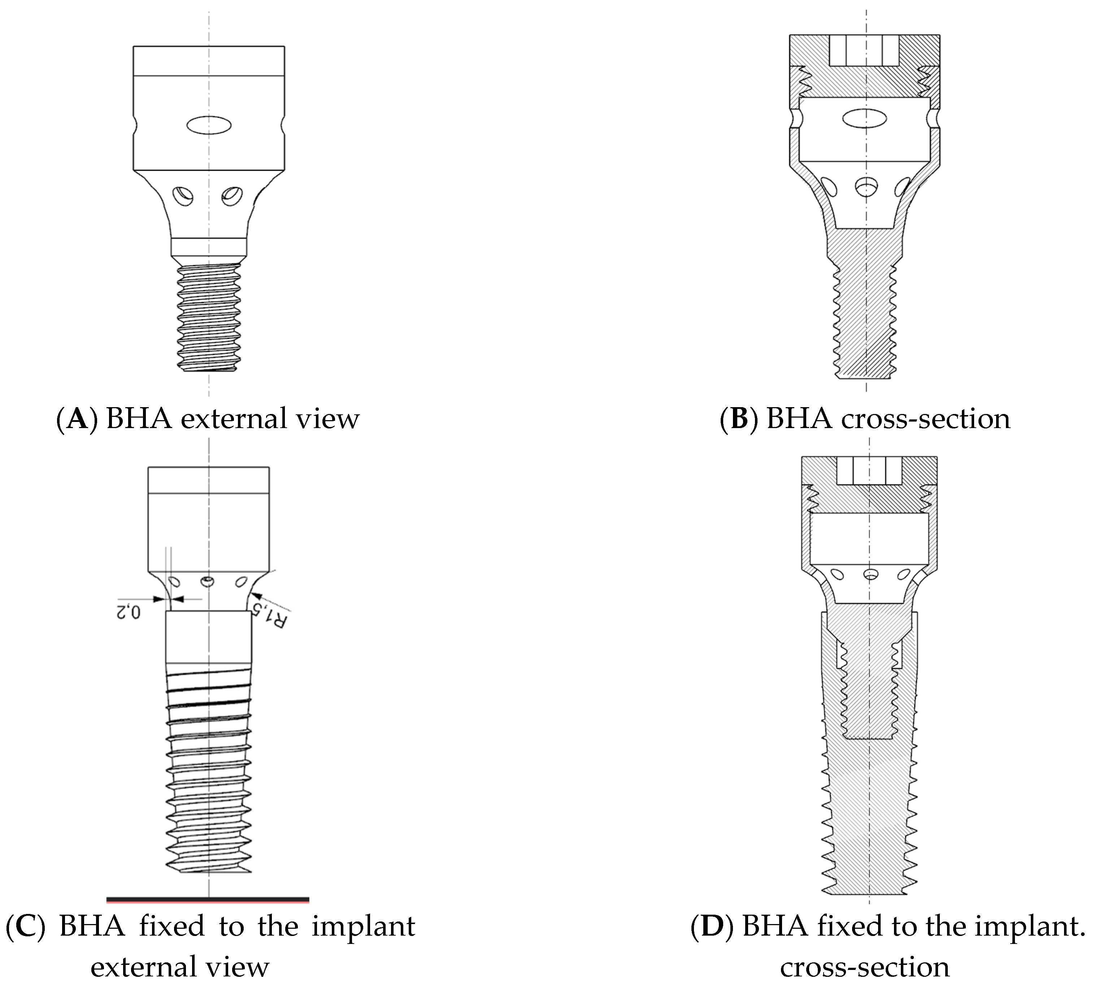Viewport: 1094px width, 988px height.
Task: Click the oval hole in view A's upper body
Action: pyautogui.click(x=209, y=125)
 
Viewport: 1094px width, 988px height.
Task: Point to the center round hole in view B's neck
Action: pyautogui.click(x=866, y=187)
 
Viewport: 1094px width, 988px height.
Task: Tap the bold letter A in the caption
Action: pyautogui.click(x=78, y=419)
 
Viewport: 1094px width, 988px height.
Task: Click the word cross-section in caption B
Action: pyautogui.click(x=926, y=419)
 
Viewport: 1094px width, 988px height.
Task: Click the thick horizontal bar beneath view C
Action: pyautogui.click(x=208, y=899)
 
